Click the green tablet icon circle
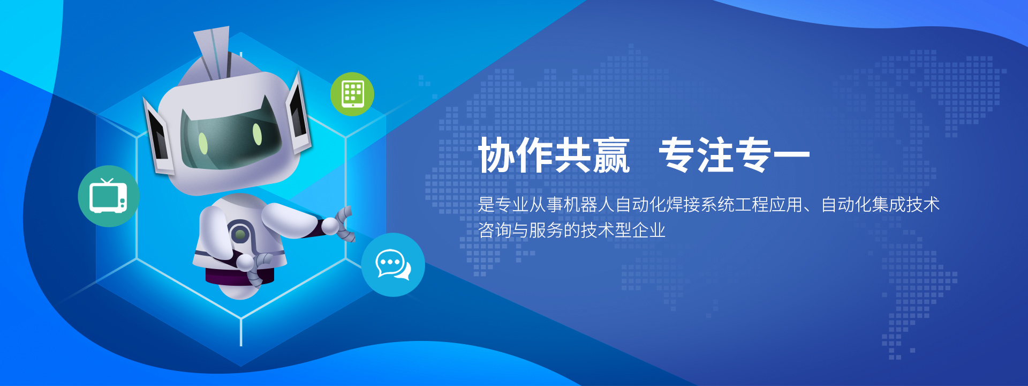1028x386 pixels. (352, 94)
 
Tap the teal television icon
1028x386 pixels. (109, 196)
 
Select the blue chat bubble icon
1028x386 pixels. (393, 265)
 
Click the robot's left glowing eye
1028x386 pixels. (203, 143)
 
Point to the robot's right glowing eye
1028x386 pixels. (257, 134)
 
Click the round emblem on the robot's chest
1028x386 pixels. (240, 234)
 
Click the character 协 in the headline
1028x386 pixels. (497, 155)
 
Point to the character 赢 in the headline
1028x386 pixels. (611, 155)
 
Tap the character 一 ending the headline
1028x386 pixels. (792, 155)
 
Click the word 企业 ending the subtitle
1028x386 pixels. (649, 230)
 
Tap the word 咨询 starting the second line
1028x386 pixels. (495, 230)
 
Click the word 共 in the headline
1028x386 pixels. (573, 155)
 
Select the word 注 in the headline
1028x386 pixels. (715, 155)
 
